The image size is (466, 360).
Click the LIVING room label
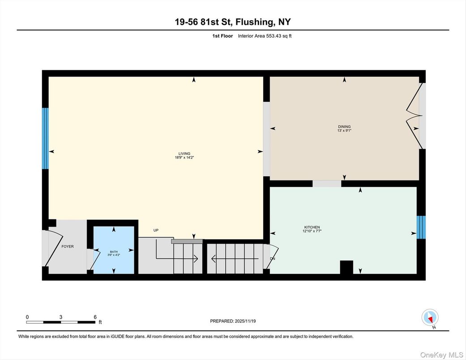pos(182,154)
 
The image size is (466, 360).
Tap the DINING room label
pos(344,127)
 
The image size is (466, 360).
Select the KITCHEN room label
pos(312,227)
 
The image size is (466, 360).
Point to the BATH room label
pos(113,252)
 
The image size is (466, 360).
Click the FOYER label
pos(68,246)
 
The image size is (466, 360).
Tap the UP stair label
pos(156,231)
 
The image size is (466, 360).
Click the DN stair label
pos(273,259)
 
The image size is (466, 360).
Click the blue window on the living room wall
pos(45,138)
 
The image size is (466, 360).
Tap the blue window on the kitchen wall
pos(421,227)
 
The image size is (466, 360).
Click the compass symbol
pos(429,318)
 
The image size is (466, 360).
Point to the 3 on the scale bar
pos(60,317)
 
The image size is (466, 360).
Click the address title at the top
pos(233,22)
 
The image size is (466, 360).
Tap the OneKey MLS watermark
pos(441,355)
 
